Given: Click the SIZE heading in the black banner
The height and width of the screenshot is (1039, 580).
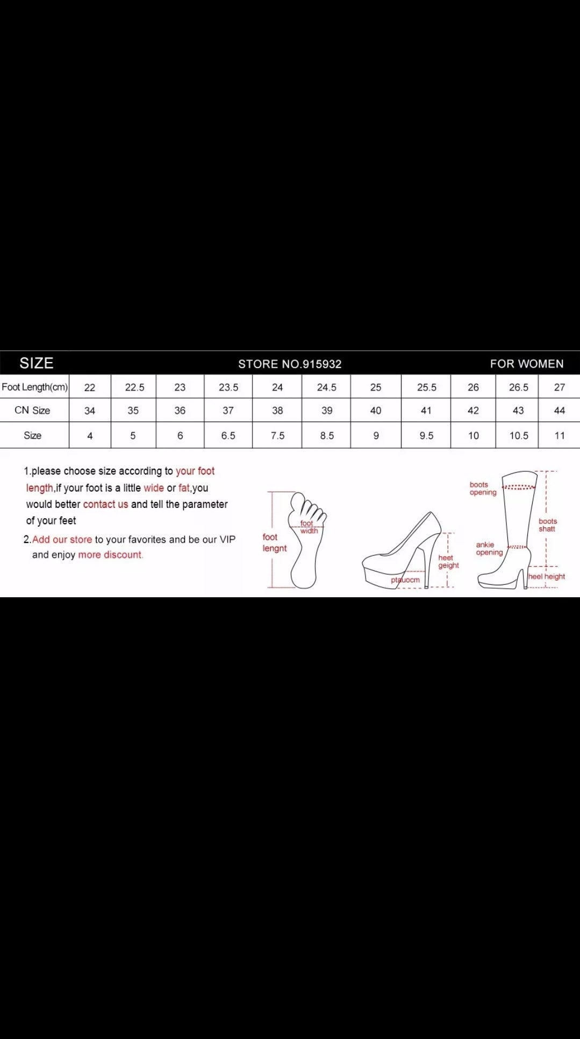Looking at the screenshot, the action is click(x=37, y=363).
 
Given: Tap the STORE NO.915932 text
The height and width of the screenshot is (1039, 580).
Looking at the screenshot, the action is click(x=290, y=364).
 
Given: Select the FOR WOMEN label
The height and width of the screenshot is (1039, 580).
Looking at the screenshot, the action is click(x=527, y=364).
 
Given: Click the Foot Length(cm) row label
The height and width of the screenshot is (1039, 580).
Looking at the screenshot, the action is click(x=35, y=387).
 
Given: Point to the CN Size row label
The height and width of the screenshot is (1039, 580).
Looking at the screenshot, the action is click(x=32, y=410).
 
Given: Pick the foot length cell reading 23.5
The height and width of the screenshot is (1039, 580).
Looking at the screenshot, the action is click(x=228, y=387).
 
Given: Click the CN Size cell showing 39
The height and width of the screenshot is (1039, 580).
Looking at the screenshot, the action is click(x=327, y=411).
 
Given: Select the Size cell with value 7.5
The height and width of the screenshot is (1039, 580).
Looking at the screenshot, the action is click(x=277, y=435).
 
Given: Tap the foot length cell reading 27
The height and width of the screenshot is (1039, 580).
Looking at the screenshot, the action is click(x=560, y=387).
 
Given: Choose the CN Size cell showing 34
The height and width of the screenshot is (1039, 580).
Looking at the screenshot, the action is click(x=90, y=411).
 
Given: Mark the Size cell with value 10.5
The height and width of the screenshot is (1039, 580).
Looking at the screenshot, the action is click(x=519, y=435).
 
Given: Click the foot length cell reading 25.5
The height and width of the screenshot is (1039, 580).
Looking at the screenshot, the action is click(x=427, y=387).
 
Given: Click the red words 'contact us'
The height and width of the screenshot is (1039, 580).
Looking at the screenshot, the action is click(x=105, y=504).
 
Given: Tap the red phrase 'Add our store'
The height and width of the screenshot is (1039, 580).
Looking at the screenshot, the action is click(x=62, y=539).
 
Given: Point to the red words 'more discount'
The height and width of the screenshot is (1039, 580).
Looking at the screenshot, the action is click(x=110, y=555).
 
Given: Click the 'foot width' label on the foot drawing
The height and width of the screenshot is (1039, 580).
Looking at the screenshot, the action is click(x=309, y=527).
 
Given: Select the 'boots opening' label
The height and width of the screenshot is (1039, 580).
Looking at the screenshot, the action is click(x=483, y=489).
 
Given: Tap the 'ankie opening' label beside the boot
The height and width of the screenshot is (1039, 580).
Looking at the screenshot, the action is click(x=489, y=548).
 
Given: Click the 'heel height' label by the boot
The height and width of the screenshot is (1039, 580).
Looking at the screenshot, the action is click(x=547, y=576).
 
